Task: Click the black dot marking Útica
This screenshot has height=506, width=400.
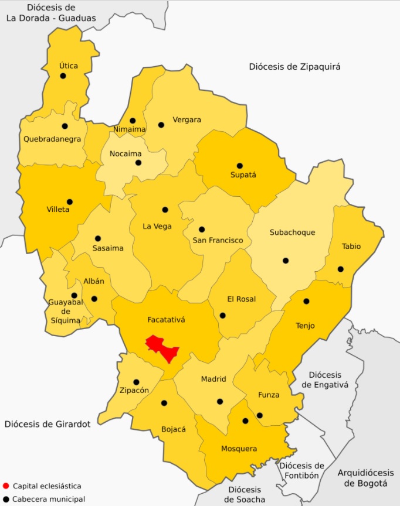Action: [x=63, y=76]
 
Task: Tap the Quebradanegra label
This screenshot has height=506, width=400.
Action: [x=52, y=139]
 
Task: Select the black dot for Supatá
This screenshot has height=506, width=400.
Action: [x=239, y=166]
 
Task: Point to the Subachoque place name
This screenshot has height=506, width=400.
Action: [x=292, y=233]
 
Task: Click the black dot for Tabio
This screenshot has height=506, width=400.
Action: [x=341, y=269]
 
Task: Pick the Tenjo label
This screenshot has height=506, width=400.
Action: [x=305, y=326]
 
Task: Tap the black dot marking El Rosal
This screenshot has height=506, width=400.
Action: [x=223, y=315]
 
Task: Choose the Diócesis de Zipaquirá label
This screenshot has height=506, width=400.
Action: [x=294, y=67]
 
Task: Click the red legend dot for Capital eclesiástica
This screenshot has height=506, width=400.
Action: [x=6, y=486]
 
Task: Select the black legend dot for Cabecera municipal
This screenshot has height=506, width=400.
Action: [x=6, y=499]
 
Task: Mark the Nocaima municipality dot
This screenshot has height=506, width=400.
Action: [x=138, y=162]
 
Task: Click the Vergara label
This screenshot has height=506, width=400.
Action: [x=187, y=120]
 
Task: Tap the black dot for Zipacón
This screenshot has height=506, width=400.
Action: [x=136, y=382]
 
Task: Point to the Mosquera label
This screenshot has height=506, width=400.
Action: [x=239, y=449]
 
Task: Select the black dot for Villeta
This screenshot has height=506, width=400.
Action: [x=70, y=201]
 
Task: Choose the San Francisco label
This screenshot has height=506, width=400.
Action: [x=218, y=241]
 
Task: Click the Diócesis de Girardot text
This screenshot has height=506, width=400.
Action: [x=48, y=424]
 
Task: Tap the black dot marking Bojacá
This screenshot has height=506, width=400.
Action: [x=164, y=403]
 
